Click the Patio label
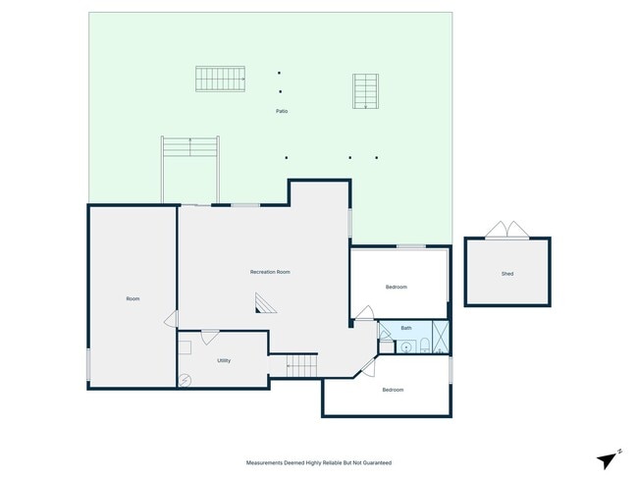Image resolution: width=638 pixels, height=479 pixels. click(x=282, y=111)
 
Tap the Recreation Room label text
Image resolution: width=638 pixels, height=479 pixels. click(x=270, y=272)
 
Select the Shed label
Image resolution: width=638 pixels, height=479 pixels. click(x=507, y=274)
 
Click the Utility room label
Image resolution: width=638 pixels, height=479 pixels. click(x=224, y=360)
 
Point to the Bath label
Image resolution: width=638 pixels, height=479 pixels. click(x=405, y=328)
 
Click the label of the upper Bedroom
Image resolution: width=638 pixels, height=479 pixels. click(x=396, y=287)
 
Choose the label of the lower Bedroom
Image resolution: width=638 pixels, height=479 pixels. click(x=393, y=390)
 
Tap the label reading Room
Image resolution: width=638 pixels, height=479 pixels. click(x=133, y=298)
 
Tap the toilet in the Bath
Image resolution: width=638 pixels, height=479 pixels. click(x=423, y=344)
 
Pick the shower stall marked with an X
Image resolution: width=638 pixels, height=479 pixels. click(x=441, y=337)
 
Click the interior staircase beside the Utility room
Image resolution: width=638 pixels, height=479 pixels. click(x=303, y=365)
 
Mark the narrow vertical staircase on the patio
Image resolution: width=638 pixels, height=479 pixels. click(x=366, y=91)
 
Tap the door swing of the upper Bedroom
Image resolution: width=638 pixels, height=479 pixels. click(x=363, y=313)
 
